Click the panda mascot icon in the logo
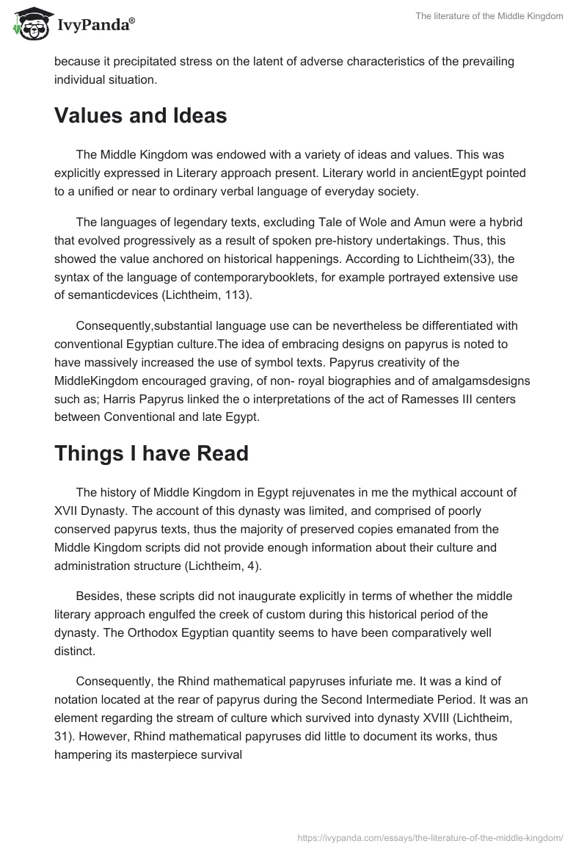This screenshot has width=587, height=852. click(x=30, y=24)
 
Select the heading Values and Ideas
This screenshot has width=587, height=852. click(x=140, y=115)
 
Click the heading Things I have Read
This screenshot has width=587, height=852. click(x=151, y=453)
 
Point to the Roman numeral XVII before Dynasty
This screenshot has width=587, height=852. click(x=68, y=510)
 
